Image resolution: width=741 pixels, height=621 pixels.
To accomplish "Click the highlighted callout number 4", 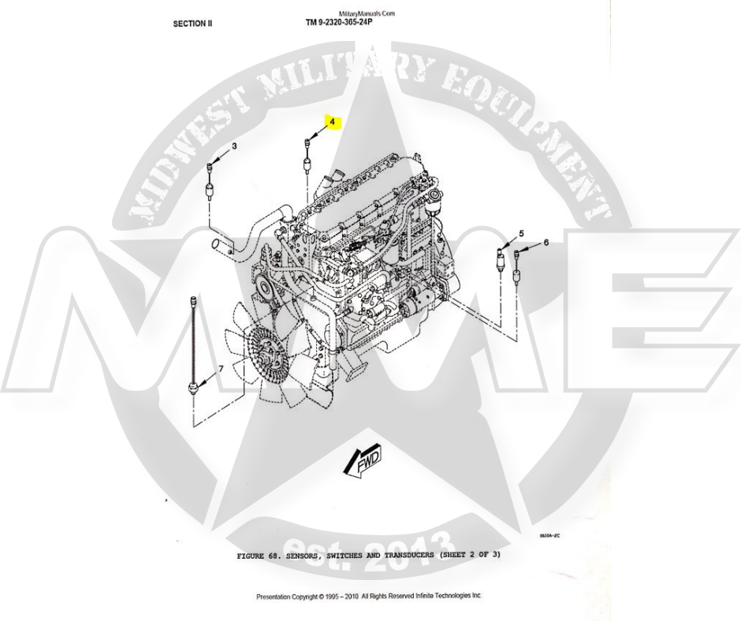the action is [x=332, y=122].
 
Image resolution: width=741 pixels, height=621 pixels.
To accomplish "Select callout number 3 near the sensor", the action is [x=234, y=147].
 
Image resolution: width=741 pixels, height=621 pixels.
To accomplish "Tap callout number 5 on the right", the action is [x=520, y=234].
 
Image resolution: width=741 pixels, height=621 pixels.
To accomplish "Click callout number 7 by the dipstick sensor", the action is [x=221, y=368].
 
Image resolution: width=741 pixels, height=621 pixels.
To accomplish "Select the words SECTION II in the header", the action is [x=192, y=24].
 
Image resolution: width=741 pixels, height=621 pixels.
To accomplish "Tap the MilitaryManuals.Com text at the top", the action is [x=367, y=14].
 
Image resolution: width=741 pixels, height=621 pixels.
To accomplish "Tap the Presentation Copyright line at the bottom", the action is [x=368, y=597].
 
